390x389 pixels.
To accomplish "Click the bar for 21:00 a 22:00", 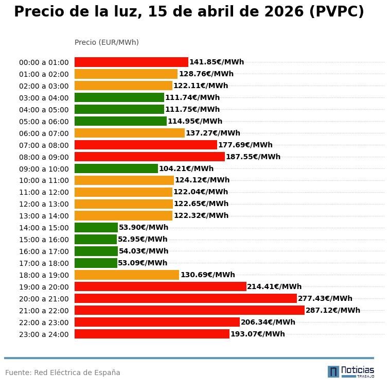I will coord(189,310).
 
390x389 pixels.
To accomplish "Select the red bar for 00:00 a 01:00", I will coord(131,62).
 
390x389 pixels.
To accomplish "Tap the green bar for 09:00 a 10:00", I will coord(116,168).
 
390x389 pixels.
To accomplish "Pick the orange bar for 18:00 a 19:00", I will coord(127,275).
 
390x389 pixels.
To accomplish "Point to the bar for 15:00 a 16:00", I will coord(96,239).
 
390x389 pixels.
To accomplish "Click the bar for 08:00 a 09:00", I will coord(150,157).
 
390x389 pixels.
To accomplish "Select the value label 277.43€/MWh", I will coord(325,298).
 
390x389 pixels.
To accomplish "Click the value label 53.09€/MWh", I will coord(143,263).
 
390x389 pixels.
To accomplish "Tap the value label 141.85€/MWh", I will coord(217,62).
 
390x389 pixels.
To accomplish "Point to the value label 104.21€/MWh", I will coord(186,168).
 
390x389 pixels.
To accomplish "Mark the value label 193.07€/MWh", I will coord(258,334).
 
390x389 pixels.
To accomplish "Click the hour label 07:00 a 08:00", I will coord(44,145).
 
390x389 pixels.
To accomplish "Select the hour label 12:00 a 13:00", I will coord(44,204).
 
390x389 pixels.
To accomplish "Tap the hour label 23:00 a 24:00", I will coord(44,334).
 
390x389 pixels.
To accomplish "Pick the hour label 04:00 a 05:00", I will coord(44,110).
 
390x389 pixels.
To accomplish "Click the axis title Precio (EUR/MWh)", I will coord(107,42).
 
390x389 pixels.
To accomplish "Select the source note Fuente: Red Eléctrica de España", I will coord(63,373).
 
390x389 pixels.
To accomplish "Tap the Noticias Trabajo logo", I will coord(351,371).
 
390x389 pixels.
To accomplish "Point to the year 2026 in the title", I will coord(284,12).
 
